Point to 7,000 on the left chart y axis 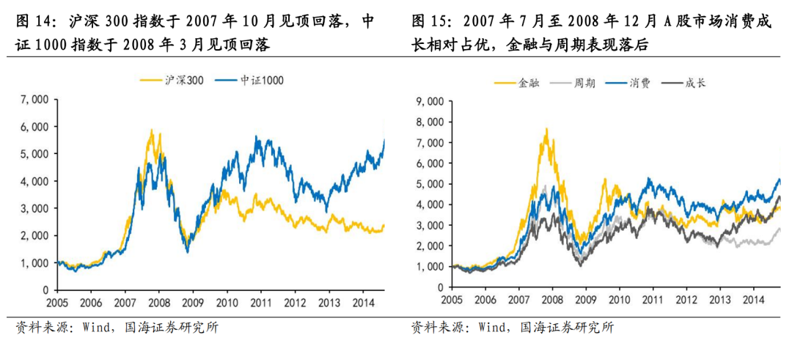point(34,99)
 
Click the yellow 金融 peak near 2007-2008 point(546,130)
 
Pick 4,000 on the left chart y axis point(34,181)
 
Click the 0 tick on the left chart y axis point(45,290)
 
